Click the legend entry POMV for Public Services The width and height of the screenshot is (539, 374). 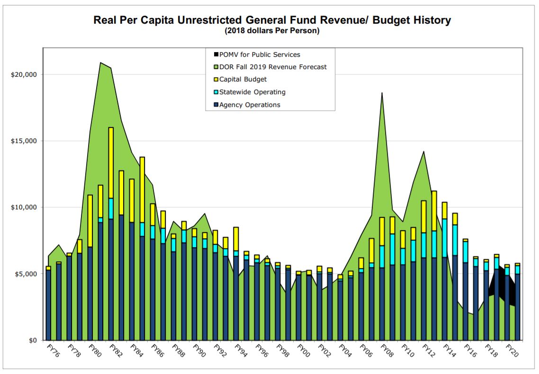click(x=260, y=55)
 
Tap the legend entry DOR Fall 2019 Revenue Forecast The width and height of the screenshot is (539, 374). click(x=273, y=67)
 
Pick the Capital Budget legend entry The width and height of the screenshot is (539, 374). click(x=243, y=80)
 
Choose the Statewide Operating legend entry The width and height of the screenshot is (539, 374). click(x=252, y=92)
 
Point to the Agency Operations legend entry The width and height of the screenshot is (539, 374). click(x=250, y=105)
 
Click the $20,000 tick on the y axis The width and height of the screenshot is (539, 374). click(x=24, y=74)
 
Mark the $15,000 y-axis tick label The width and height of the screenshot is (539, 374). click(x=24, y=141)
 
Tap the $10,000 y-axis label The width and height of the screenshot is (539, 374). click(x=24, y=207)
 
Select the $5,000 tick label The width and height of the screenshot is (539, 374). click(x=26, y=274)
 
